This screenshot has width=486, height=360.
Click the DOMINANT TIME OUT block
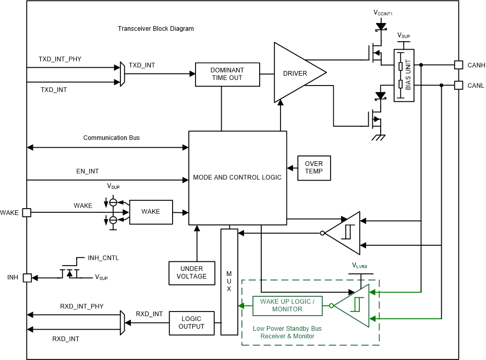(227, 74)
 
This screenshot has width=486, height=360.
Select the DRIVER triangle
(296, 73)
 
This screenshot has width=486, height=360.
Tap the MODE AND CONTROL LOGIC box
(237, 177)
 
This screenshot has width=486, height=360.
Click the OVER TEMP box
(314, 167)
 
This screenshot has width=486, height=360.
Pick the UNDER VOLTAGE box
(192, 273)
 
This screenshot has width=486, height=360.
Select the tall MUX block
(229, 282)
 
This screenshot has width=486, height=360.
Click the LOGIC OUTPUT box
(191, 322)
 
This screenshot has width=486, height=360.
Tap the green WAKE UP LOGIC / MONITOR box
(287, 306)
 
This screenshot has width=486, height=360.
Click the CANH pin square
(458, 65)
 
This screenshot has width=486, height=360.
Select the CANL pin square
(458, 85)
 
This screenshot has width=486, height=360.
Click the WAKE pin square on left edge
(27, 212)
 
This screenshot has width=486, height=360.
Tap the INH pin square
(27, 278)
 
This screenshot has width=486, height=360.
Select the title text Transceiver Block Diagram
(156, 29)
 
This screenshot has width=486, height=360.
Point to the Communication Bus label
(111, 138)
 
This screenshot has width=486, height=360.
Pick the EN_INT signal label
(87, 171)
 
